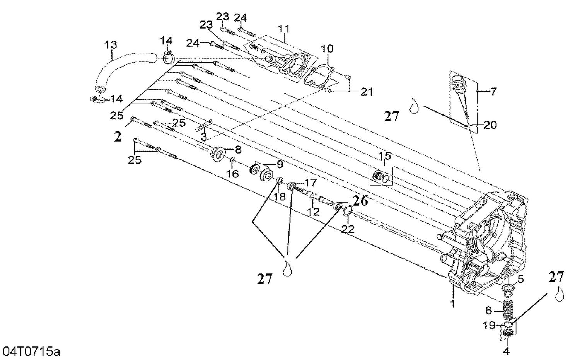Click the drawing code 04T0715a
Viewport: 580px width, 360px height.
pyautogui.click(x=31, y=352)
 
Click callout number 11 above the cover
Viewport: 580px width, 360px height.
pyautogui.click(x=284, y=29)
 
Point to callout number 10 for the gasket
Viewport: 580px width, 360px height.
pyautogui.click(x=327, y=49)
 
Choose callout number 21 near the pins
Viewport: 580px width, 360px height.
pyautogui.click(x=367, y=92)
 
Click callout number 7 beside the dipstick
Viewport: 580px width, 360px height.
pyautogui.click(x=493, y=92)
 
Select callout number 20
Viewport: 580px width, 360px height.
pyautogui.click(x=490, y=125)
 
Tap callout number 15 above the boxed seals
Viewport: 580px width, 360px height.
pyautogui.click(x=384, y=156)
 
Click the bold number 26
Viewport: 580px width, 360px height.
pyautogui.click(x=360, y=201)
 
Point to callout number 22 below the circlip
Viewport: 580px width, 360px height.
pyautogui.click(x=348, y=229)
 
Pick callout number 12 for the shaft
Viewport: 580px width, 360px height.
pyautogui.click(x=314, y=212)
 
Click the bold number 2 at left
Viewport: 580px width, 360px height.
pyautogui.click(x=118, y=136)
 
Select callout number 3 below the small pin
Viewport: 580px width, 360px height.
pyautogui.click(x=204, y=137)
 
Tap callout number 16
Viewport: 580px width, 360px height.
pyautogui.click(x=232, y=174)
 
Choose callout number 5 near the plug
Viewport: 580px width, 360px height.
pyautogui.click(x=520, y=279)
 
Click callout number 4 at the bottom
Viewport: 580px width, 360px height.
pyautogui.click(x=506, y=351)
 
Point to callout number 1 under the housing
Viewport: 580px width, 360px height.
pyautogui.click(x=453, y=303)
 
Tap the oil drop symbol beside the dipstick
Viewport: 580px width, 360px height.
pyautogui.click(x=414, y=106)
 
